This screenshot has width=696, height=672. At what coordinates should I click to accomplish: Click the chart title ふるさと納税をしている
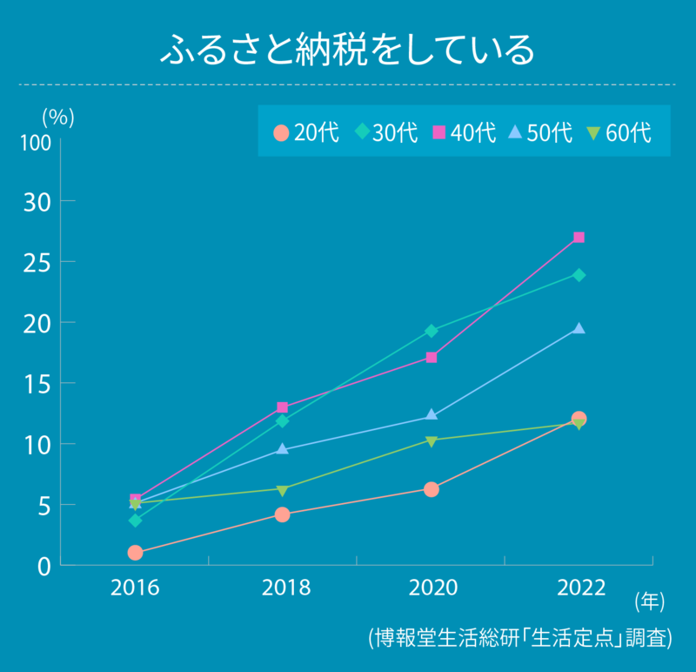coord(347,50)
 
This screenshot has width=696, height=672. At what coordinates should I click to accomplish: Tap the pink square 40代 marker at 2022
coord(579,238)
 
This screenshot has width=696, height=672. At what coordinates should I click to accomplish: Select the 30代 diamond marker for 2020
coord(431,331)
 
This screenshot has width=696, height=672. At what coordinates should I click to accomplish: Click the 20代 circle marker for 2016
coord(135,553)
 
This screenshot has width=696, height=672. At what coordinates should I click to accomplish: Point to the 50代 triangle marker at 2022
coord(579,328)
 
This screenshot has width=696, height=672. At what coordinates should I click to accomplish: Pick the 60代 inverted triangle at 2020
coord(431,440)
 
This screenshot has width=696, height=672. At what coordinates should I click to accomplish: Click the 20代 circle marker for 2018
coord(283,514)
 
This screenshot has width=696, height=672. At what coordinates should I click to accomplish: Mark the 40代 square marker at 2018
coord(283,407)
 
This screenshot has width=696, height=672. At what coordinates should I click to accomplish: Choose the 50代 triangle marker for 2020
coord(431,415)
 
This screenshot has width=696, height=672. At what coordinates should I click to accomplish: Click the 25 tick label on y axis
coord(38,261)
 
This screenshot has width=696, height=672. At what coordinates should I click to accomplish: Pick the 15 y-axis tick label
coord(38,383)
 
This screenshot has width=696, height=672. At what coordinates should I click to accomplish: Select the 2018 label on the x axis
coord(285,588)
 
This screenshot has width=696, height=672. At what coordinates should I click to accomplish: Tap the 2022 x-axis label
coord(581,588)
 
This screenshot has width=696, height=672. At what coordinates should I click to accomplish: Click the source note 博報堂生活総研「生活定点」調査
coord(520,637)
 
